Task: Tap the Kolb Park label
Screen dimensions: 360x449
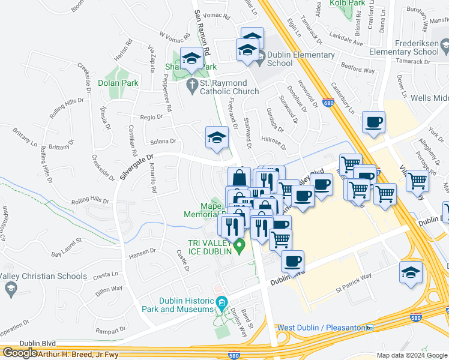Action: coord(348,3)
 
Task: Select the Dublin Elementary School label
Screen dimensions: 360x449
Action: coord(301,59)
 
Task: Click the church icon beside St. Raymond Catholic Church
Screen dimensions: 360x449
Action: coord(192,83)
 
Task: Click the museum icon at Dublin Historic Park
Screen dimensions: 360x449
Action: coord(222,301)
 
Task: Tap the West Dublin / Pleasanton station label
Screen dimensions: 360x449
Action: coord(321,328)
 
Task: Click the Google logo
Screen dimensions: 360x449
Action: coord(20,353)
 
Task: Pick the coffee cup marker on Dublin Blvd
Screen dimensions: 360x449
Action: coord(292,262)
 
